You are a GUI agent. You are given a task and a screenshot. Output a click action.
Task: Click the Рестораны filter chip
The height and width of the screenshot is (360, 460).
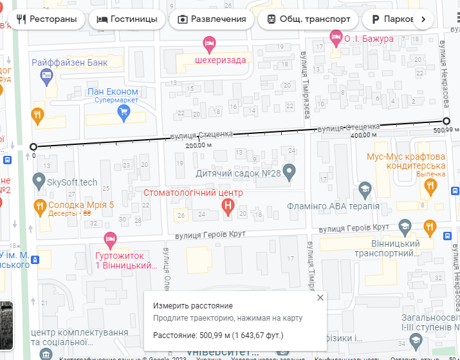46,19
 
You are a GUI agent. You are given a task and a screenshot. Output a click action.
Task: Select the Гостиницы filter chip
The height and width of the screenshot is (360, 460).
127,19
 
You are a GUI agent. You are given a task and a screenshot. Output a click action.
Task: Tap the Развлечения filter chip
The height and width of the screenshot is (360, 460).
212,19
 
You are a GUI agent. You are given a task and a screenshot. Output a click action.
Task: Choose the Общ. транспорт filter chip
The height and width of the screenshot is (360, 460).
308,19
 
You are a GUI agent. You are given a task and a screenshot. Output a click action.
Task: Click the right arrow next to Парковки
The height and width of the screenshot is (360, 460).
423,19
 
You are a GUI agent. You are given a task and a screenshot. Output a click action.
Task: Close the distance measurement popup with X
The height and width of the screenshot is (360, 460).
320,298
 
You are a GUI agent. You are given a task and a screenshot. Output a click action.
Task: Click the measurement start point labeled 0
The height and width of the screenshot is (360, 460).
33,147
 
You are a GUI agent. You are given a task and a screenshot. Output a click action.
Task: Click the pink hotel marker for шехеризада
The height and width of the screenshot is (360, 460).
209,44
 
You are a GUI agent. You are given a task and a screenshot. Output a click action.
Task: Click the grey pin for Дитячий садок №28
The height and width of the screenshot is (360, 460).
290,172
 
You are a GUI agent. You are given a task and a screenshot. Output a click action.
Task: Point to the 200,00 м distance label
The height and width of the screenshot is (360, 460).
198,145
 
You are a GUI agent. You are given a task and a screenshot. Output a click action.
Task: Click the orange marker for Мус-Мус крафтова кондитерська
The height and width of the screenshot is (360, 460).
430,187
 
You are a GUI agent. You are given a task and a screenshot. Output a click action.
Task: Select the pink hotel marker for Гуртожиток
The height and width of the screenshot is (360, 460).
110,240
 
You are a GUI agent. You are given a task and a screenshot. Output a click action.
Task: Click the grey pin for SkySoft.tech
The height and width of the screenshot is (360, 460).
39,181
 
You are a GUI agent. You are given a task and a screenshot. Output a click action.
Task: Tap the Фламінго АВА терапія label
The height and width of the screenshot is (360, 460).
332,207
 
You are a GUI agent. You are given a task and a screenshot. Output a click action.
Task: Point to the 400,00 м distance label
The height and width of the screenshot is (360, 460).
363,135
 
